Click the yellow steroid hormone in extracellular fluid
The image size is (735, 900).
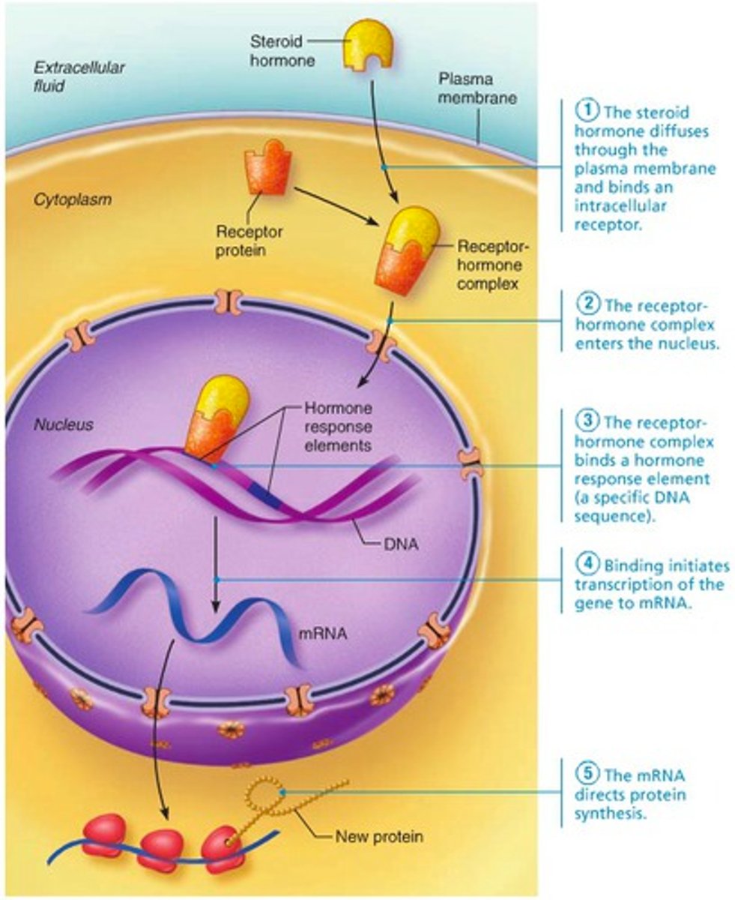[366, 43]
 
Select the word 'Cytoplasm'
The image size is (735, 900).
[72, 200]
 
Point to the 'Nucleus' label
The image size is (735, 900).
[64, 425]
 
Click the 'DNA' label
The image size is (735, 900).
[401, 545]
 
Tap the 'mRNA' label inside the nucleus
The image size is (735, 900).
[323, 632]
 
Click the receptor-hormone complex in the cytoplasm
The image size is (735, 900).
[407, 250]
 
